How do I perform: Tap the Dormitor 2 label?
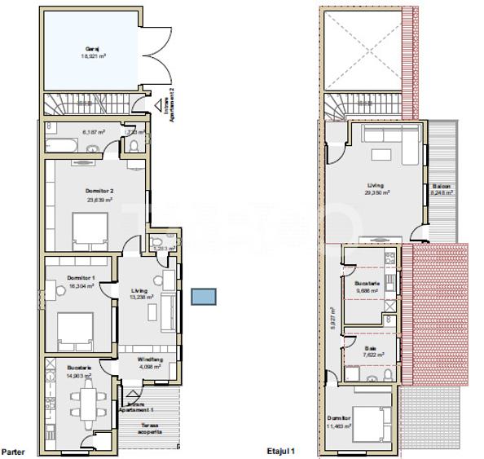point(98,191)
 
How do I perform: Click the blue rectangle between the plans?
point(203,296)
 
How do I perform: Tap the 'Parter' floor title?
point(12,450)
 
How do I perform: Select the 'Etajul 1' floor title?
point(280,450)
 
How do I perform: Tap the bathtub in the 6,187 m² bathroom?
point(61,146)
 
